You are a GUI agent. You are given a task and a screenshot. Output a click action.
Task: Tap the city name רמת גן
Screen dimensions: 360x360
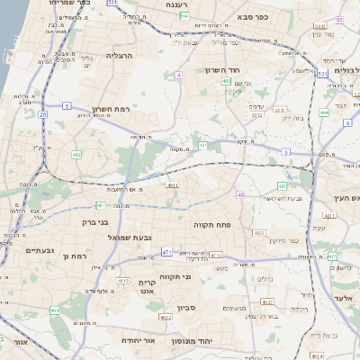[x=79, y=256]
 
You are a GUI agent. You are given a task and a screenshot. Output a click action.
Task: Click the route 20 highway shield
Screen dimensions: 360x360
[x=42, y=115]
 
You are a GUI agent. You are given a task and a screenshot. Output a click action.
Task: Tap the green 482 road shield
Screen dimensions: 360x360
[x=76, y=155]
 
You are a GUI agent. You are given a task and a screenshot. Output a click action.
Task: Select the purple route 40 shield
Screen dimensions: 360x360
[x=240, y=194]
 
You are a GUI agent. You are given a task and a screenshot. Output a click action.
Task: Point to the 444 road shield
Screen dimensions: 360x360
[x=323, y=112]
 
